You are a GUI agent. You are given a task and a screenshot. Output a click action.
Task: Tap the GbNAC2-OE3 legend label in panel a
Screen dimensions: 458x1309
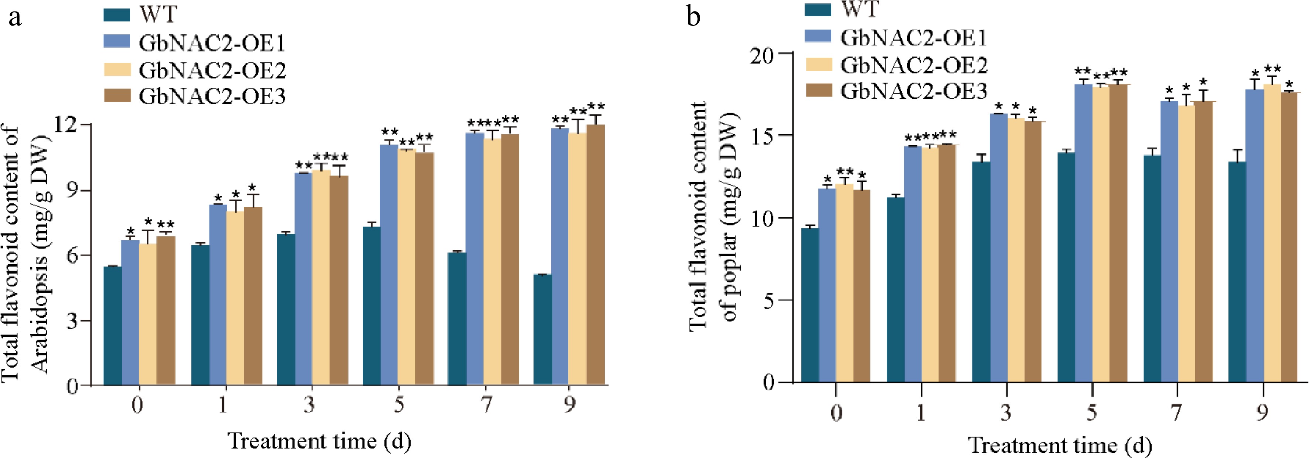coord(212,96)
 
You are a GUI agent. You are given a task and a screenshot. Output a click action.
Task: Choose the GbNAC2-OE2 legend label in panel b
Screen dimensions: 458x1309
coord(914,65)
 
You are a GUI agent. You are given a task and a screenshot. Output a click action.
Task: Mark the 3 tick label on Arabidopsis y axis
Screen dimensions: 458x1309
coord(73,321)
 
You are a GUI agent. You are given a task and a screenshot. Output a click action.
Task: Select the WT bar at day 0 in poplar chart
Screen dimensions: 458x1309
coord(810,305)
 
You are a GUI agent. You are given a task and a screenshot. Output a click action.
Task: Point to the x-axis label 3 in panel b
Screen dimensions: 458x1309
coord(1006,412)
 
